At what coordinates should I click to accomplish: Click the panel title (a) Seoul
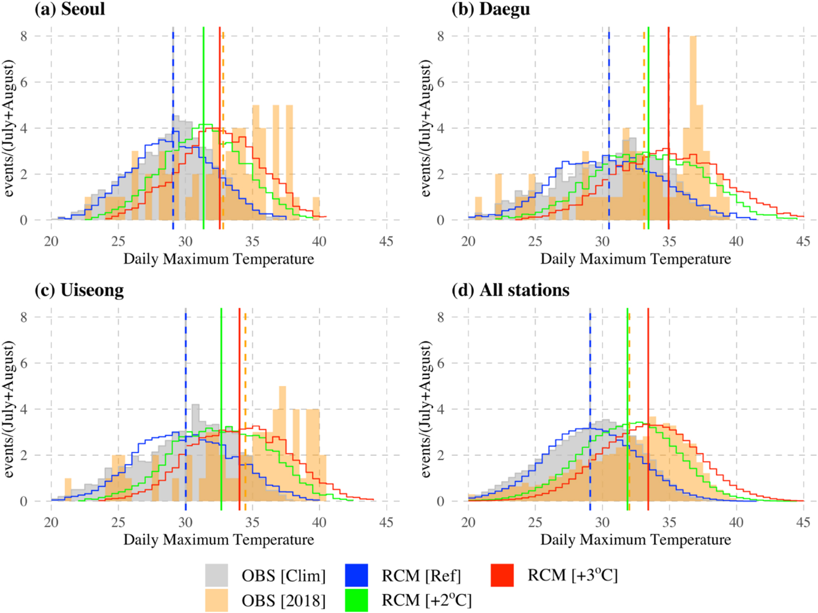69,9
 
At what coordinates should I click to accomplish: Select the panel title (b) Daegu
490,9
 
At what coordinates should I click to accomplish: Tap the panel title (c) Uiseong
79,290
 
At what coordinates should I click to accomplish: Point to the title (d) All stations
510,290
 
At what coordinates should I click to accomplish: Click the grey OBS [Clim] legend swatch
216,575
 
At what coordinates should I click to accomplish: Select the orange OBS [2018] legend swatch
216,600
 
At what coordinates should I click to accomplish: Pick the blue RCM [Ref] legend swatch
356,575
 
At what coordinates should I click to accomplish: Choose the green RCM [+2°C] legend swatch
356,600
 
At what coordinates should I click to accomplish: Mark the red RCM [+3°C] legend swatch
502,575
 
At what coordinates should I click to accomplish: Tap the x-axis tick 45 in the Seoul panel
386,242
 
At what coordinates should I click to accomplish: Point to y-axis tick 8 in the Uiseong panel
24,317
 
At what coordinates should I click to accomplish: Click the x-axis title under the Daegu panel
635,259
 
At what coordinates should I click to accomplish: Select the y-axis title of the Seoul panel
9,128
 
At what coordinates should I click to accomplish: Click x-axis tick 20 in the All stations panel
468,523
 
